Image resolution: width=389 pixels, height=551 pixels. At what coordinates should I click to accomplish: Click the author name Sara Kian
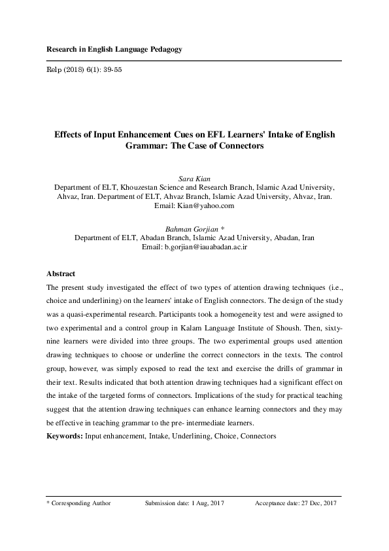(x=194, y=177)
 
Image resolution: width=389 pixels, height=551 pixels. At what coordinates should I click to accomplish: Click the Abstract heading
(x=61, y=274)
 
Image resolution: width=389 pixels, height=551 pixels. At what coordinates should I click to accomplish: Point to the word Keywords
(x=63, y=435)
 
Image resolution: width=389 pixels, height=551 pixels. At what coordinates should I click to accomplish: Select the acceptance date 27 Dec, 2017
(x=317, y=503)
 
